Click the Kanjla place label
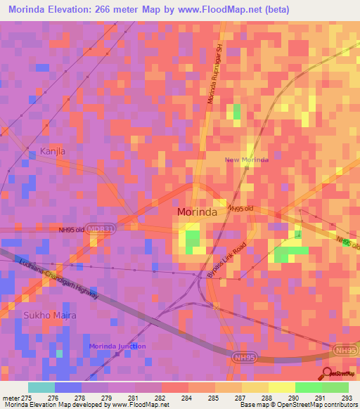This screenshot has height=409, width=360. coord(53,151)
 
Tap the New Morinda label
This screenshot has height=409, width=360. coord(246,160)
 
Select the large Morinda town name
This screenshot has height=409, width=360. coord(200,212)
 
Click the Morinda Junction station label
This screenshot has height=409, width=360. coord(117,346)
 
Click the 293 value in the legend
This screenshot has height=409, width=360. coord(347,398)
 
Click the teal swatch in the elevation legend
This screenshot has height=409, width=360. coord(41,387)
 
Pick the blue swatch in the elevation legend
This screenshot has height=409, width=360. coord(68,387)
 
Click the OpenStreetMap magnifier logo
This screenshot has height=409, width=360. coord(328,373)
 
